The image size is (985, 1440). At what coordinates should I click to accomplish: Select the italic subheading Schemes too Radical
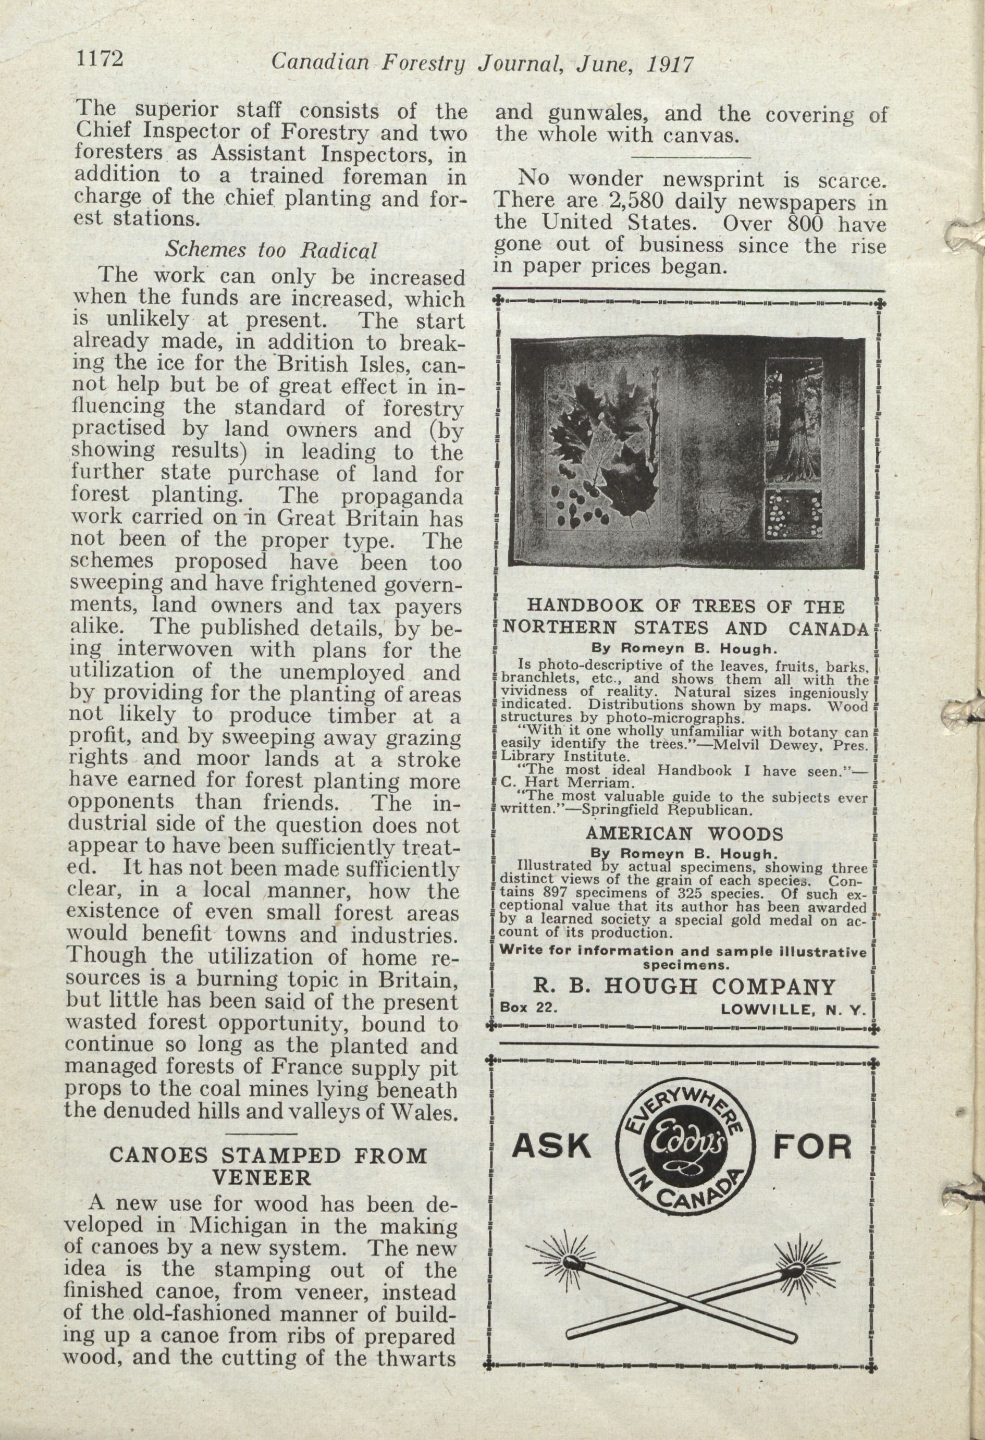coord(270,250)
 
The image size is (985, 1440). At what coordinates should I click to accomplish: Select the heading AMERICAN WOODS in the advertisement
coord(684,833)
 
